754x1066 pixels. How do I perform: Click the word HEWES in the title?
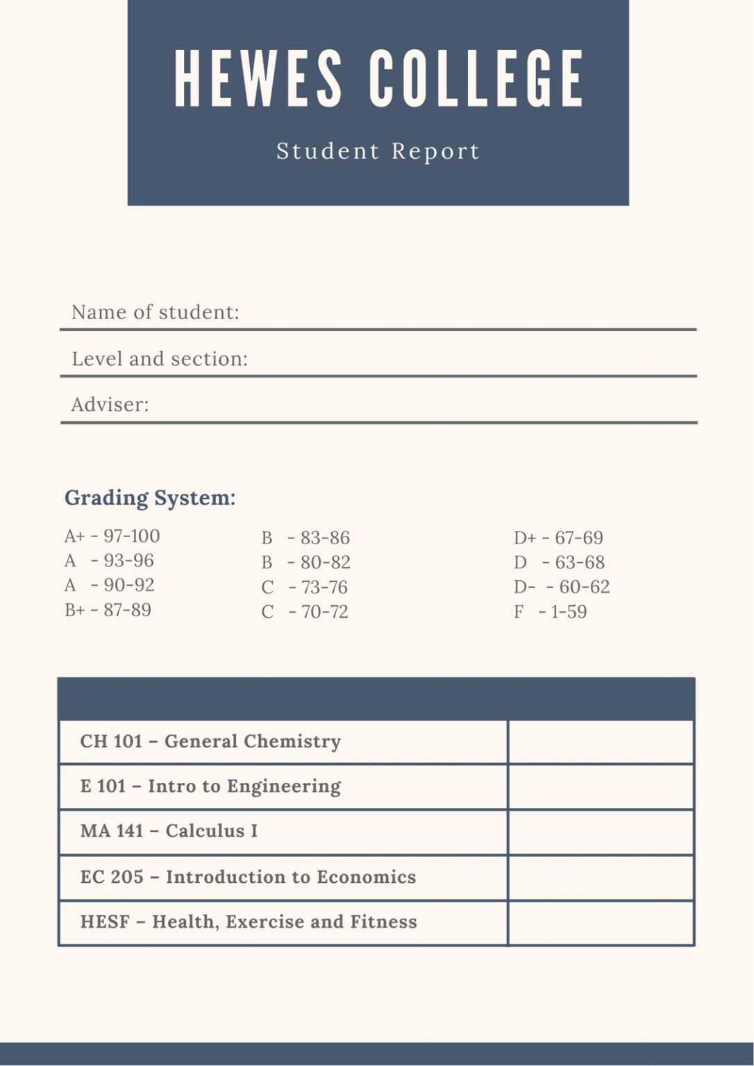point(258,79)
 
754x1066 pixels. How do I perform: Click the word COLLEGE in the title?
point(476,79)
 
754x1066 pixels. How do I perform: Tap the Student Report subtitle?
point(378,151)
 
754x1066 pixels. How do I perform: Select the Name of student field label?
point(155,312)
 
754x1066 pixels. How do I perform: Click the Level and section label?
point(160,359)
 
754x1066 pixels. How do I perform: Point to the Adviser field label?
point(110,405)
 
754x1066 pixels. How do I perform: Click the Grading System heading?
point(150,498)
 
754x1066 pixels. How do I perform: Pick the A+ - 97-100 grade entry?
point(112,536)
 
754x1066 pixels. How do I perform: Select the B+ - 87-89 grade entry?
point(108,610)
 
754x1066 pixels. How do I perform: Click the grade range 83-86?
point(325,538)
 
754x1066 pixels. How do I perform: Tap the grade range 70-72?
point(324,612)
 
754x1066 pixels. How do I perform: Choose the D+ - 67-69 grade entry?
point(558,538)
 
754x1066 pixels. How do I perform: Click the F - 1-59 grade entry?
point(550,612)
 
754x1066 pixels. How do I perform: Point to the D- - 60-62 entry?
point(562,587)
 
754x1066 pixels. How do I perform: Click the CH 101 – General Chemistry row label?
point(210,741)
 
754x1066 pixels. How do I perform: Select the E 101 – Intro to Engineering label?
point(210,786)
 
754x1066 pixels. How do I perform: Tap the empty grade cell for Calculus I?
point(601,831)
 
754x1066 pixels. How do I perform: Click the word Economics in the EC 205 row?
point(366,877)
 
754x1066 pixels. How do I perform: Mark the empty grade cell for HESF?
point(601,922)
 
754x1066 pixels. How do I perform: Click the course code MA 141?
point(111,831)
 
